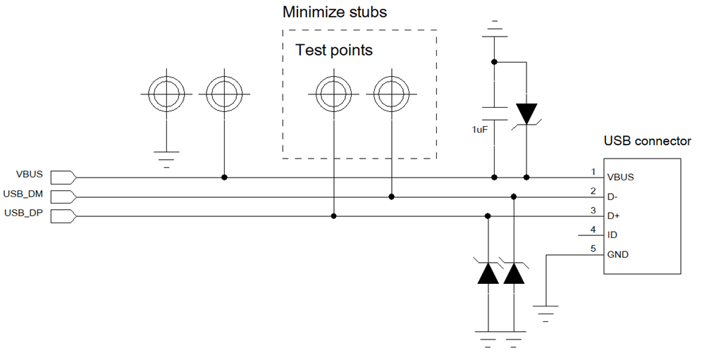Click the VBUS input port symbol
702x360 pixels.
(x=63, y=178)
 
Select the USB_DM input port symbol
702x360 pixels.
(x=63, y=197)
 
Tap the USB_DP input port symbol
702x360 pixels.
(x=63, y=216)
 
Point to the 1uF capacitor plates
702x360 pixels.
(x=494, y=113)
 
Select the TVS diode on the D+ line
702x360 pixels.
(x=488, y=273)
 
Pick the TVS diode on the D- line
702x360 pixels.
(x=514, y=273)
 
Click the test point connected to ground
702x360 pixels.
(x=166, y=94)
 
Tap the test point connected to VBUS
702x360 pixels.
(x=224, y=94)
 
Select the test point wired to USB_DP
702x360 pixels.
(x=333, y=94)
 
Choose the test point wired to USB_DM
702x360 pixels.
(x=392, y=94)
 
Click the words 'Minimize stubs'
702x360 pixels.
(x=334, y=12)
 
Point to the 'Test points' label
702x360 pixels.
(x=334, y=50)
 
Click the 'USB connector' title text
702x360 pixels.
(x=648, y=141)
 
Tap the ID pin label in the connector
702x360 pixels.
(x=612, y=235)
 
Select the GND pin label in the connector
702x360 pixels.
(x=618, y=255)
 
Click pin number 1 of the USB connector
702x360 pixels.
(x=593, y=171)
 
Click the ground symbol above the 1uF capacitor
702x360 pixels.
(x=494, y=29)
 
